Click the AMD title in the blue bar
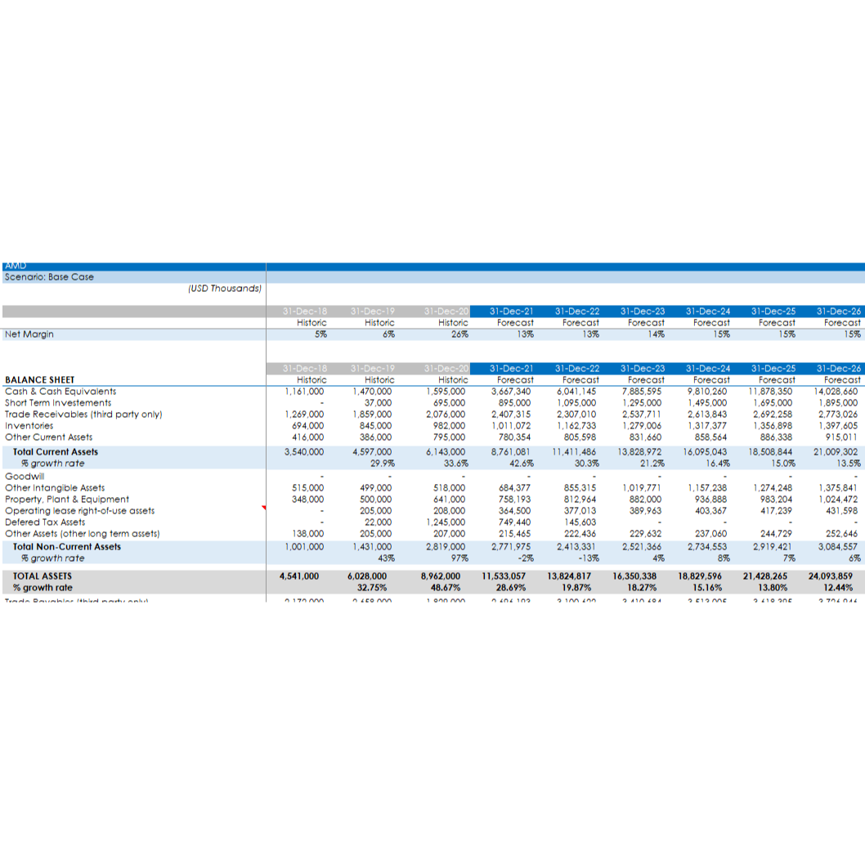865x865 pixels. click(16, 266)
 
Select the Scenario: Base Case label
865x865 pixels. click(49, 277)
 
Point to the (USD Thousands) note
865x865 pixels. click(224, 289)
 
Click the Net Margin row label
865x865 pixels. click(29, 334)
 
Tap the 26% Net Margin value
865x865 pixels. click(459, 334)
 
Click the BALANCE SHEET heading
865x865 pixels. click(39, 380)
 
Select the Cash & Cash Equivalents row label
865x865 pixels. click(61, 392)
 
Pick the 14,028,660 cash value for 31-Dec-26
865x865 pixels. click(837, 392)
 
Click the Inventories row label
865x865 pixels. click(29, 426)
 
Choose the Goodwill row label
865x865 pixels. click(25, 477)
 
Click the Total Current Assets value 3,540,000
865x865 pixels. click(304, 452)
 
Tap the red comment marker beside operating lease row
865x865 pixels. click(264, 508)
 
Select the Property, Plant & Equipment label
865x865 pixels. click(67, 500)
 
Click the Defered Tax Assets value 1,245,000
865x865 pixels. click(446, 522)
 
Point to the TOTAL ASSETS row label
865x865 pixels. click(42, 576)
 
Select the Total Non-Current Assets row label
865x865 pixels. click(67, 547)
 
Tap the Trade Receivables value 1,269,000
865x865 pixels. click(304, 415)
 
